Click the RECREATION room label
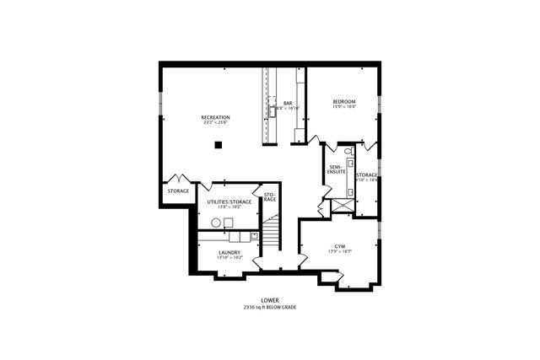coord(216,116)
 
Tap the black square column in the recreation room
coord(218,145)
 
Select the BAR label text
coord(287,104)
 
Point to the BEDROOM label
coord(344,101)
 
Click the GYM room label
coord(340,246)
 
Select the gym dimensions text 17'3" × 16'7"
coord(340,252)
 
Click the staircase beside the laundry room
coord(270,232)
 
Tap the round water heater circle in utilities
coord(216,222)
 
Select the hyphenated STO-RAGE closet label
coord(270,198)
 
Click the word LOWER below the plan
coord(270,300)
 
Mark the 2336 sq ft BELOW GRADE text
coord(270,307)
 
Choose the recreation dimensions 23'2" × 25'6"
coord(216,122)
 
